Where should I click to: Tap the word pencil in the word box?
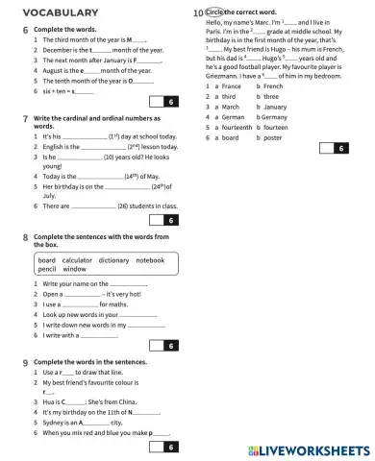pos(48,270)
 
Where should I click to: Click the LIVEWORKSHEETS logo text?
pos(313,449)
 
